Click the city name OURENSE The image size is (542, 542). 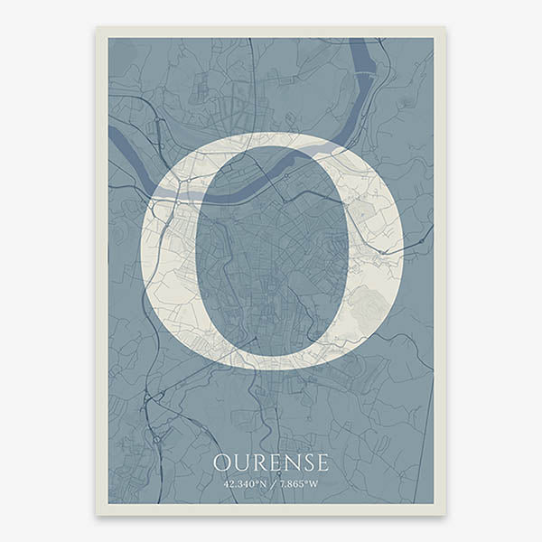click(x=271, y=463)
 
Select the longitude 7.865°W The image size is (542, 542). click(x=298, y=484)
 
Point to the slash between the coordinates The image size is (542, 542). click(x=273, y=484)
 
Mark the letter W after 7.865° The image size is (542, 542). click(x=313, y=484)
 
